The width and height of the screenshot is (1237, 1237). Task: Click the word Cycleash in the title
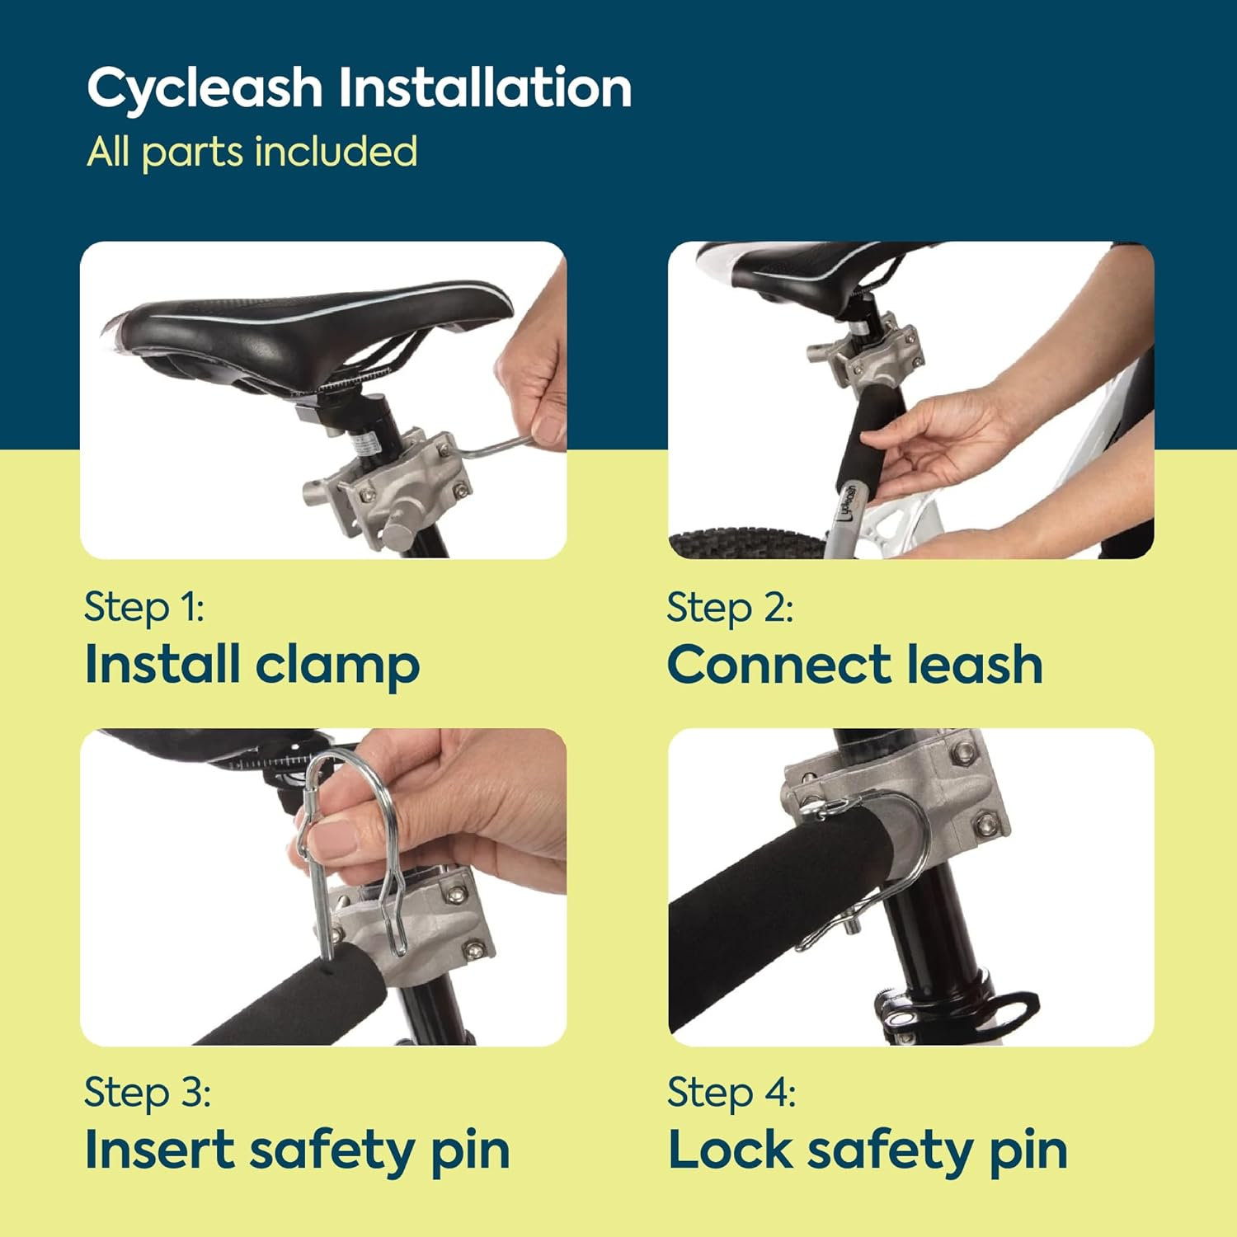pyautogui.click(x=204, y=88)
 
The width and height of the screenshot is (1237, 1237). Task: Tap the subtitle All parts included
pyautogui.click(x=252, y=152)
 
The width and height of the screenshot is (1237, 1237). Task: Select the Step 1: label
pyautogui.click(x=144, y=608)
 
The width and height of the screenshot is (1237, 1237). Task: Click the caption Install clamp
pyautogui.click(x=252, y=665)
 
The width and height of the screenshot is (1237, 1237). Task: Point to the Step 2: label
pyautogui.click(x=730, y=608)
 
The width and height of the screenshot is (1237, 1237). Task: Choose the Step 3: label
pyautogui.click(x=148, y=1093)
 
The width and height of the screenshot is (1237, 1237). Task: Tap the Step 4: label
pyautogui.click(x=731, y=1093)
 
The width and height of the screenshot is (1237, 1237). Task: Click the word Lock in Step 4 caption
pyautogui.click(x=730, y=1150)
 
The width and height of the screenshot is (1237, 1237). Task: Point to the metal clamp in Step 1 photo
pyautogui.click(x=396, y=487)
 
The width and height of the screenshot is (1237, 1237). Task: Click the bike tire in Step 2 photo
pyautogui.click(x=742, y=544)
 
